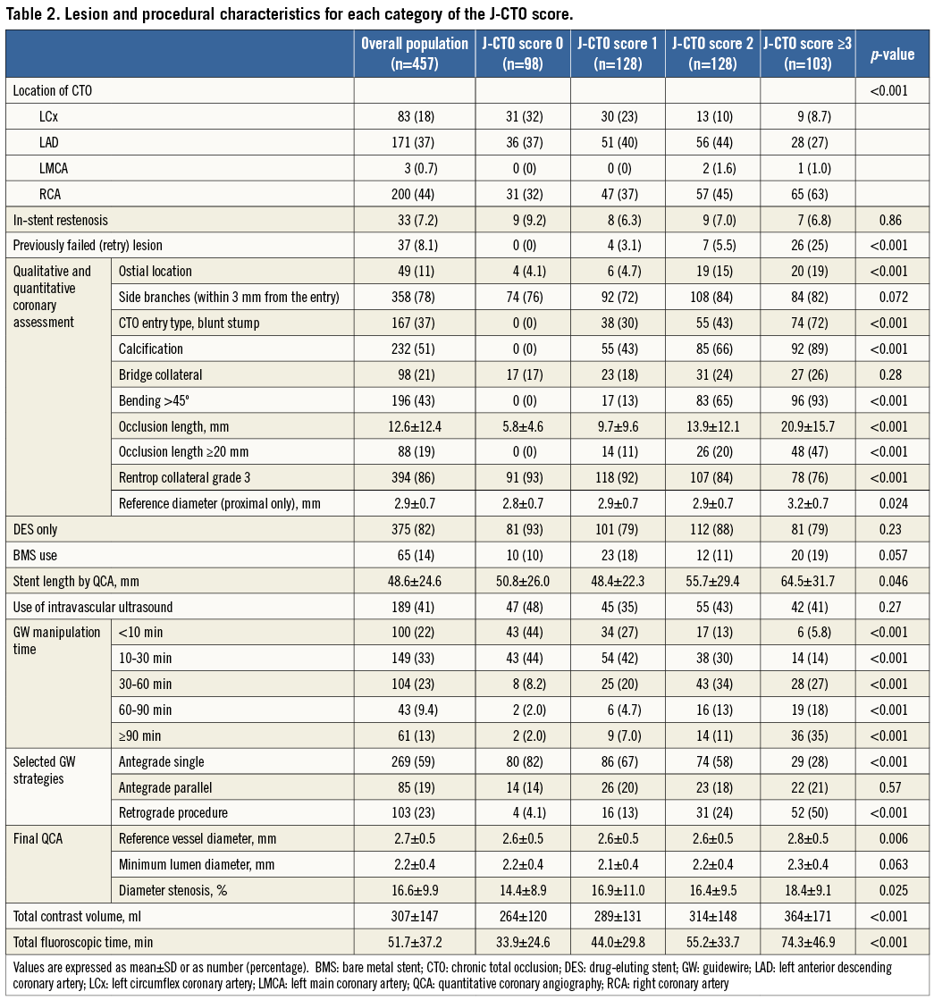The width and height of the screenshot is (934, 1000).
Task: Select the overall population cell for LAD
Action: [414, 142]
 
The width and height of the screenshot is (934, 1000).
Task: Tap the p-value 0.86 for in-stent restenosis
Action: [891, 220]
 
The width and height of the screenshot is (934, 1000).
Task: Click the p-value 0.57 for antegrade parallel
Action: [891, 786]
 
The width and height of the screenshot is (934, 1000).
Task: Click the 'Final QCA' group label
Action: [38, 838]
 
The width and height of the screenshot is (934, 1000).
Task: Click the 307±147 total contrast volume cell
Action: [414, 916]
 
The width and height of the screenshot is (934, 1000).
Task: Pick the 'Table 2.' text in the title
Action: [32, 14]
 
